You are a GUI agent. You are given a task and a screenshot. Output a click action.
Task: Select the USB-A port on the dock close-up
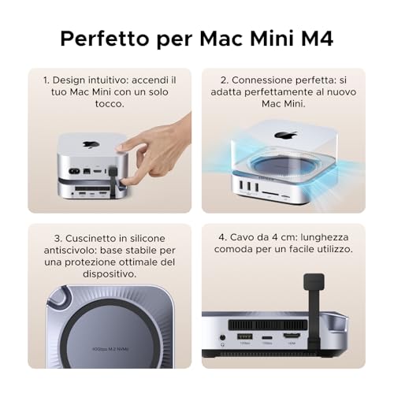click(244, 340)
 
